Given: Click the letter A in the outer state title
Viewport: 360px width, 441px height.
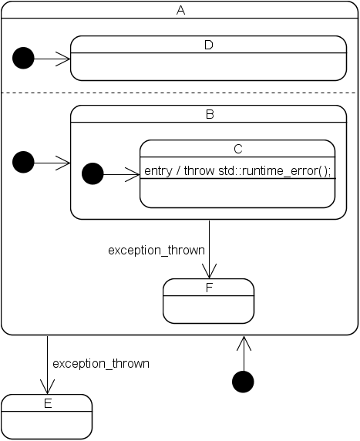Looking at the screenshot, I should click(x=180, y=10).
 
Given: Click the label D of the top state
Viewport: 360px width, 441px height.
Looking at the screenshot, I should click(x=208, y=45).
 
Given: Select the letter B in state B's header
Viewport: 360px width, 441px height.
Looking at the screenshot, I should click(x=208, y=114).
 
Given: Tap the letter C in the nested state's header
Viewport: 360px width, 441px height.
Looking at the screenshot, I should click(x=237, y=149).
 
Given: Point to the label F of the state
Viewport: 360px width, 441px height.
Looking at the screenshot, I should click(x=208, y=288).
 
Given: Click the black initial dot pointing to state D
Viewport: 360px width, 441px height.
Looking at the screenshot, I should click(x=24, y=58).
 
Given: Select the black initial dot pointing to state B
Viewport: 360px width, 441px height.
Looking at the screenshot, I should click(x=24, y=162).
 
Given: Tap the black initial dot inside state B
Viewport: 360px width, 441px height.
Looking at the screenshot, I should click(x=93, y=174).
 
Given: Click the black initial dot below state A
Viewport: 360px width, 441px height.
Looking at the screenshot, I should click(x=244, y=382).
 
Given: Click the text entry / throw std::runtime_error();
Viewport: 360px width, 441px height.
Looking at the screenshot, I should click(x=237, y=170).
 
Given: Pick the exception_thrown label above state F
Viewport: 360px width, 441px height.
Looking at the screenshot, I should click(x=156, y=250).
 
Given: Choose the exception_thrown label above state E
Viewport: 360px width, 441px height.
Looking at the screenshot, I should click(x=101, y=362).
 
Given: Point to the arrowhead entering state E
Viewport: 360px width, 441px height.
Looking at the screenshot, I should click(x=48, y=387).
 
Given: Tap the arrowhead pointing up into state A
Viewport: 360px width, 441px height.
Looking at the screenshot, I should click(x=244, y=342).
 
